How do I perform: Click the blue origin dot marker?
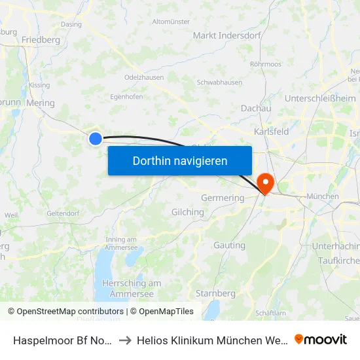coord(96,138)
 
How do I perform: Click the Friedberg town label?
coord(41,40)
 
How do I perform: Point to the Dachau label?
coord(256,108)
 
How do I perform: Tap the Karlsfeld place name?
coord(271,132)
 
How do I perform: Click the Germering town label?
coord(222,198)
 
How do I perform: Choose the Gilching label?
coord(187,212)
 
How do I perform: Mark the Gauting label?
coord(229,245)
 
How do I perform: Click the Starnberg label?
coord(215,293)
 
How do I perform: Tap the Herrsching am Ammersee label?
coord(132,289)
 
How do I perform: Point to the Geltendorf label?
coord(63,213)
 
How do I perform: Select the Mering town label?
coord(41,103)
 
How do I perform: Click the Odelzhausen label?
coord(143,77)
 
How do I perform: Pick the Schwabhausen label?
coord(219,82)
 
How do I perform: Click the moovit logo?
coord(321,339)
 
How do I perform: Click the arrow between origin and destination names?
coord(124,340)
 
